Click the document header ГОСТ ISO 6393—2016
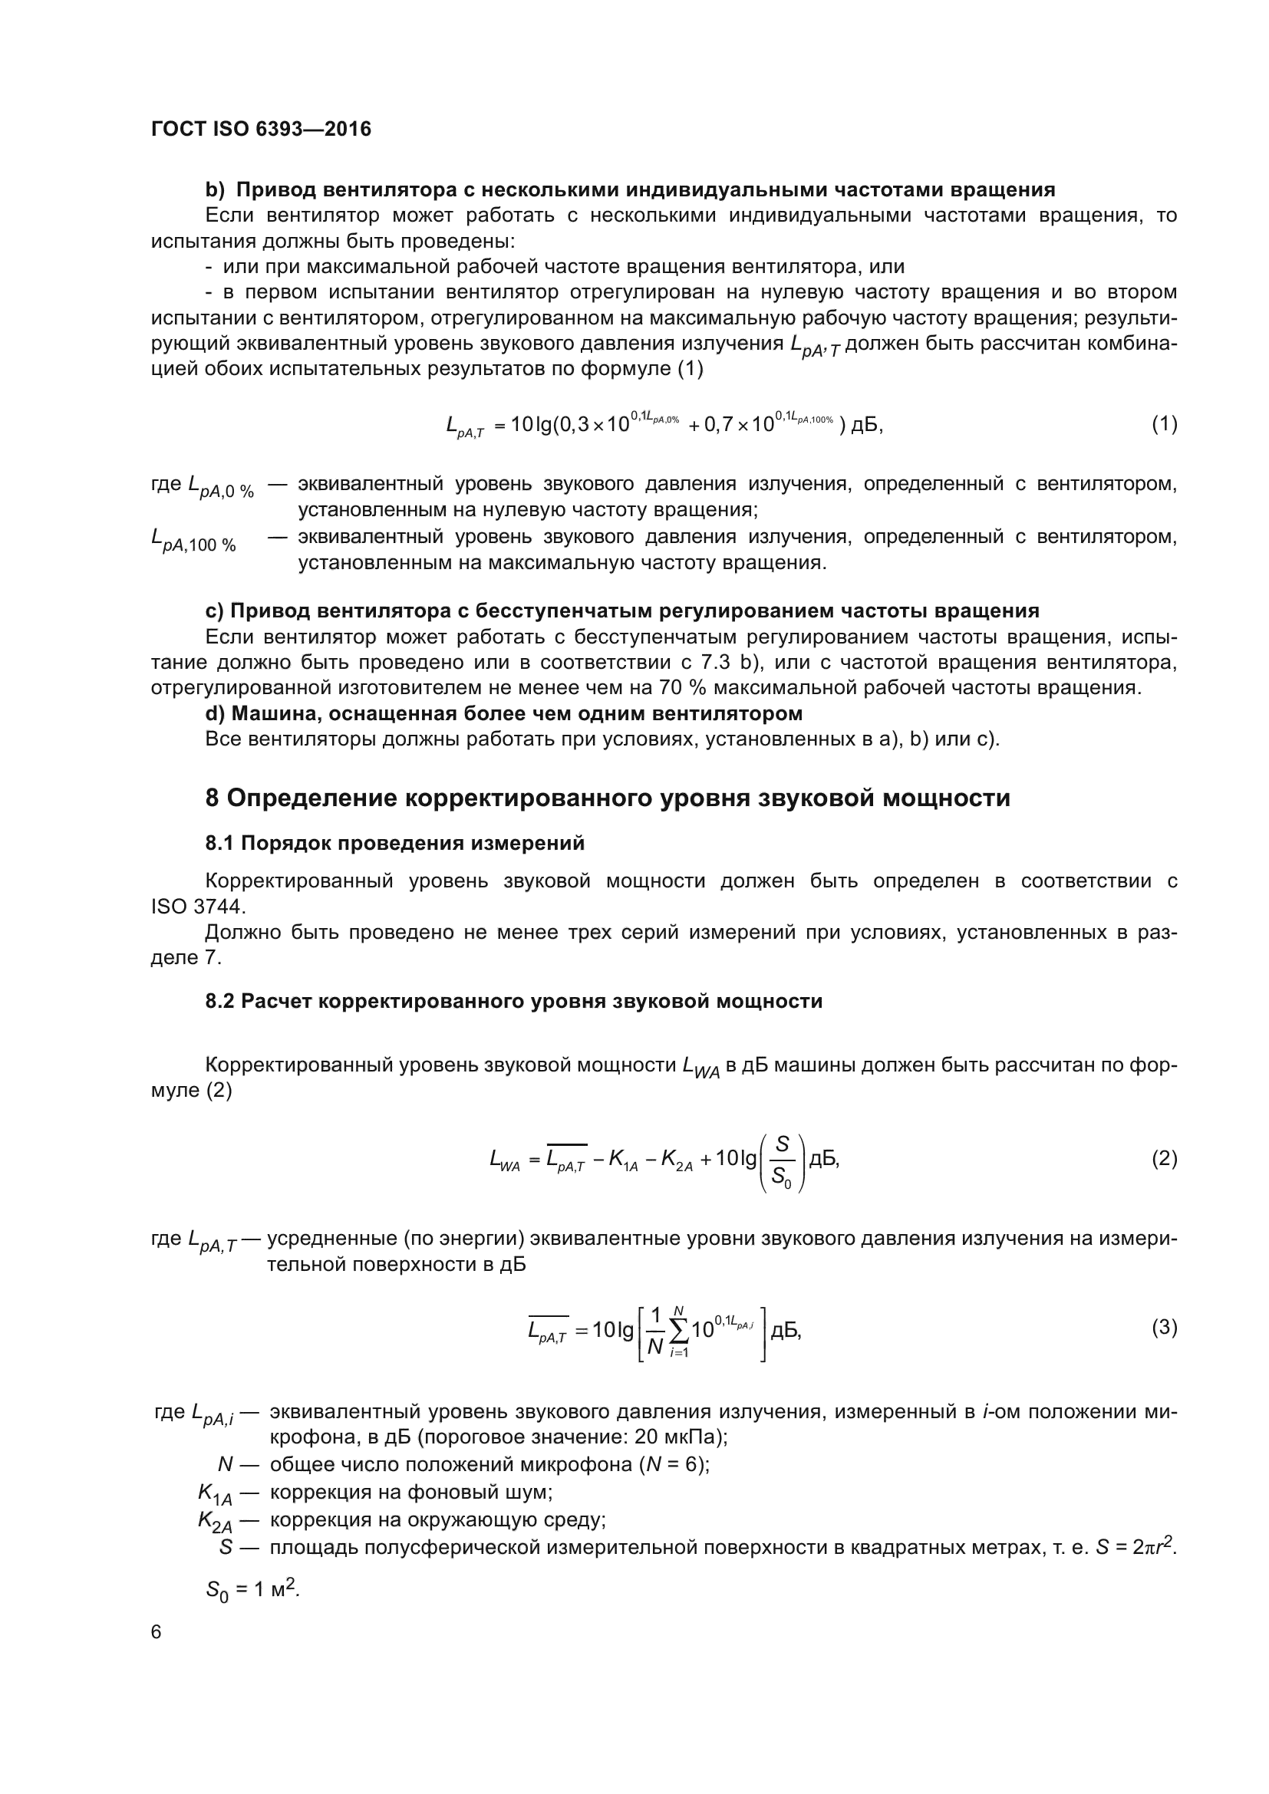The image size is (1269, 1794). [261, 129]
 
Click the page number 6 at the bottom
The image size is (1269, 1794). [157, 1632]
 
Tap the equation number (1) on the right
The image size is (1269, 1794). [1165, 424]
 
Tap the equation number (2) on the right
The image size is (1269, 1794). [1165, 1159]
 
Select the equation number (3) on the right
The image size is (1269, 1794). [1165, 1327]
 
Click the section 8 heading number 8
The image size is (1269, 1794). [213, 798]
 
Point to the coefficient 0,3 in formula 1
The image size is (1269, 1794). [573, 425]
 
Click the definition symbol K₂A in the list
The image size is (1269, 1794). [215, 1520]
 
